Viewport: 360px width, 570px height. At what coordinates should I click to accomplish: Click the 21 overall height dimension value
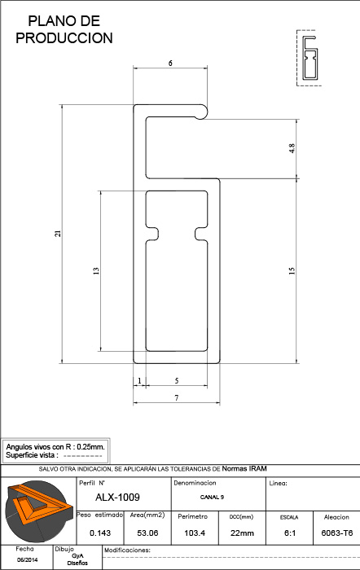click(58, 234)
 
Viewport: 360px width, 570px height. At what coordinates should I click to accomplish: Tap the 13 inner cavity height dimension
click(96, 271)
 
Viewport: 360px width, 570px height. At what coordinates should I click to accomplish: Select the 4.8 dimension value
click(292, 148)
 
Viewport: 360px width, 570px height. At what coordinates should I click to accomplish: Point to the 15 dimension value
click(292, 271)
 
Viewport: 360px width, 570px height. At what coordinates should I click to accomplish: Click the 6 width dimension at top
click(170, 64)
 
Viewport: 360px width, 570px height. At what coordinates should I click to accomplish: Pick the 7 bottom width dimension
click(177, 397)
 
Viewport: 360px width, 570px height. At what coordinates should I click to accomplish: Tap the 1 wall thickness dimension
click(139, 380)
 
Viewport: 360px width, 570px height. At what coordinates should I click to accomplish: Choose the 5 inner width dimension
click(177, 380)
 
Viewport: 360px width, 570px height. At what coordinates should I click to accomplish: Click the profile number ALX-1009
click(117, 497)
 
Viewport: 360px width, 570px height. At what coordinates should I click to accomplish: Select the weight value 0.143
click(100, 533)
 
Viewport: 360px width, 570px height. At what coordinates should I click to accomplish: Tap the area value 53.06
click(147, 533)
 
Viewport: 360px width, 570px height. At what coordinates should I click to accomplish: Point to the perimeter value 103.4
click(195, 533)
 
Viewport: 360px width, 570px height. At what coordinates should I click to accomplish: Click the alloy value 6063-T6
click(337, 533)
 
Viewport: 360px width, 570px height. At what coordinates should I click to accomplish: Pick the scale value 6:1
click(290, 533)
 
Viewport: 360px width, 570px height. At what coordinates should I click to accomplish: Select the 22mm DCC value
click(242, 533)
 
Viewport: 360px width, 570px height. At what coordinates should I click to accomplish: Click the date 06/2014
click(27, 560)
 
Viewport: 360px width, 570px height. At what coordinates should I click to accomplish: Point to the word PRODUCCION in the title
click(64, 37)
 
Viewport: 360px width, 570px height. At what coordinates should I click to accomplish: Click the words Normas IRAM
click(244, 468)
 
